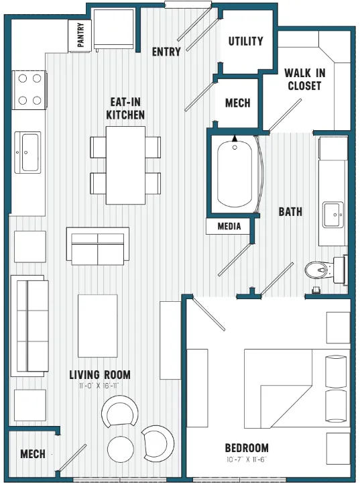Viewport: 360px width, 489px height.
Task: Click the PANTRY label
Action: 80,36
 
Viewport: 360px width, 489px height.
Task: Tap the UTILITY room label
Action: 245,41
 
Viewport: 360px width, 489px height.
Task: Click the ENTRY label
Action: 166,52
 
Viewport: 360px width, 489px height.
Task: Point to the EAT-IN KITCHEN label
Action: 125,109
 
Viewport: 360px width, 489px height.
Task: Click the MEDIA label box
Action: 229,227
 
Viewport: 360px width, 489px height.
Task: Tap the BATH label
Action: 290,212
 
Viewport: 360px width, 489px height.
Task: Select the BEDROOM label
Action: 247,448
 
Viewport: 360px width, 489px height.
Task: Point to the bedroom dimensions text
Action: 247,460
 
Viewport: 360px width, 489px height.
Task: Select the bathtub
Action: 235,174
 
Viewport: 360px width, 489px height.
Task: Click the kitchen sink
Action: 30,152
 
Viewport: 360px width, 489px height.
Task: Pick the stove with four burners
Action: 29,89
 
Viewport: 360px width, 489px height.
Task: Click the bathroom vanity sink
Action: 332,215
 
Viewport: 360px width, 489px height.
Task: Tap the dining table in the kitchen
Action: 126,165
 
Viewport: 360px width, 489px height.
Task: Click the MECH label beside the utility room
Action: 237,103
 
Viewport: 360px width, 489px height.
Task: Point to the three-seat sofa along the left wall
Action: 29,326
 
